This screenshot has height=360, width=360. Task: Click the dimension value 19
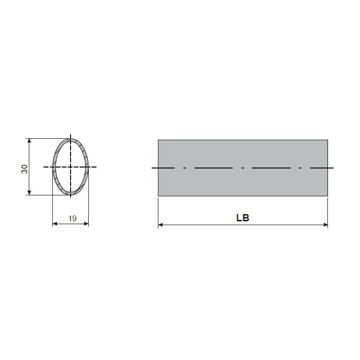72,218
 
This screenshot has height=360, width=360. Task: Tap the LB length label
242,218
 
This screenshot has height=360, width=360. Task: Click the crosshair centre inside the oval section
71,167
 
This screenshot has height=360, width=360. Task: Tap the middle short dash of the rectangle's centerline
243,168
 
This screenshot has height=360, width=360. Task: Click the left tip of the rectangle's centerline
152,168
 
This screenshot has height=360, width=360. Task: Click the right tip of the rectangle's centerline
333,168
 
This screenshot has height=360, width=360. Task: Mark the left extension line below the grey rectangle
158,211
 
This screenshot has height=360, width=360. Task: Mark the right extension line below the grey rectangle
328,211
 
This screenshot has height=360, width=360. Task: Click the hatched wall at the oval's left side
54,167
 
